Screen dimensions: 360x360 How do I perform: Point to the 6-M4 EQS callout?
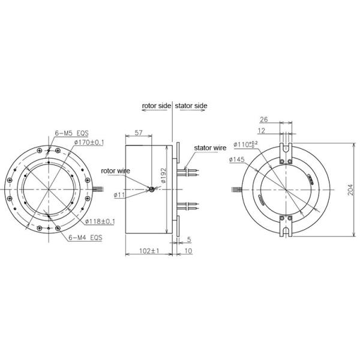pyautogui.click(x=85, y=238)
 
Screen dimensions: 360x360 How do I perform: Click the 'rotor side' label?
pyautogui.click(x=156, y=106)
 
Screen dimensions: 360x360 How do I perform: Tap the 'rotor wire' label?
pyautogui.click(x=115, y=171)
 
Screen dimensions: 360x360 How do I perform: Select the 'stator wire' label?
pyautogui.click(x=209, y=148)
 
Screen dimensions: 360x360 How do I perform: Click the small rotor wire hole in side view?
pyautogui.click(x=152, y=190)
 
